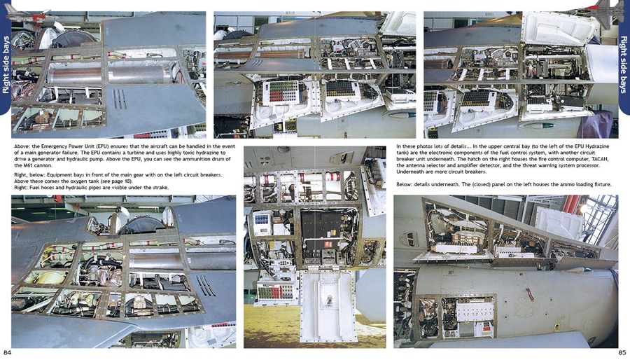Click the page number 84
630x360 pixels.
coord(7,352)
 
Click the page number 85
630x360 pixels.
coord(622,352)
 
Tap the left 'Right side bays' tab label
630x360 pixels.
coord(6,66)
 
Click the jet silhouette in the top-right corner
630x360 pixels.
coord(598,12)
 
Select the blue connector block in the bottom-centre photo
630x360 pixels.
coord(262,220)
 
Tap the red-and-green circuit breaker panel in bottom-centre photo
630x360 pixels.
coord(275,291)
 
